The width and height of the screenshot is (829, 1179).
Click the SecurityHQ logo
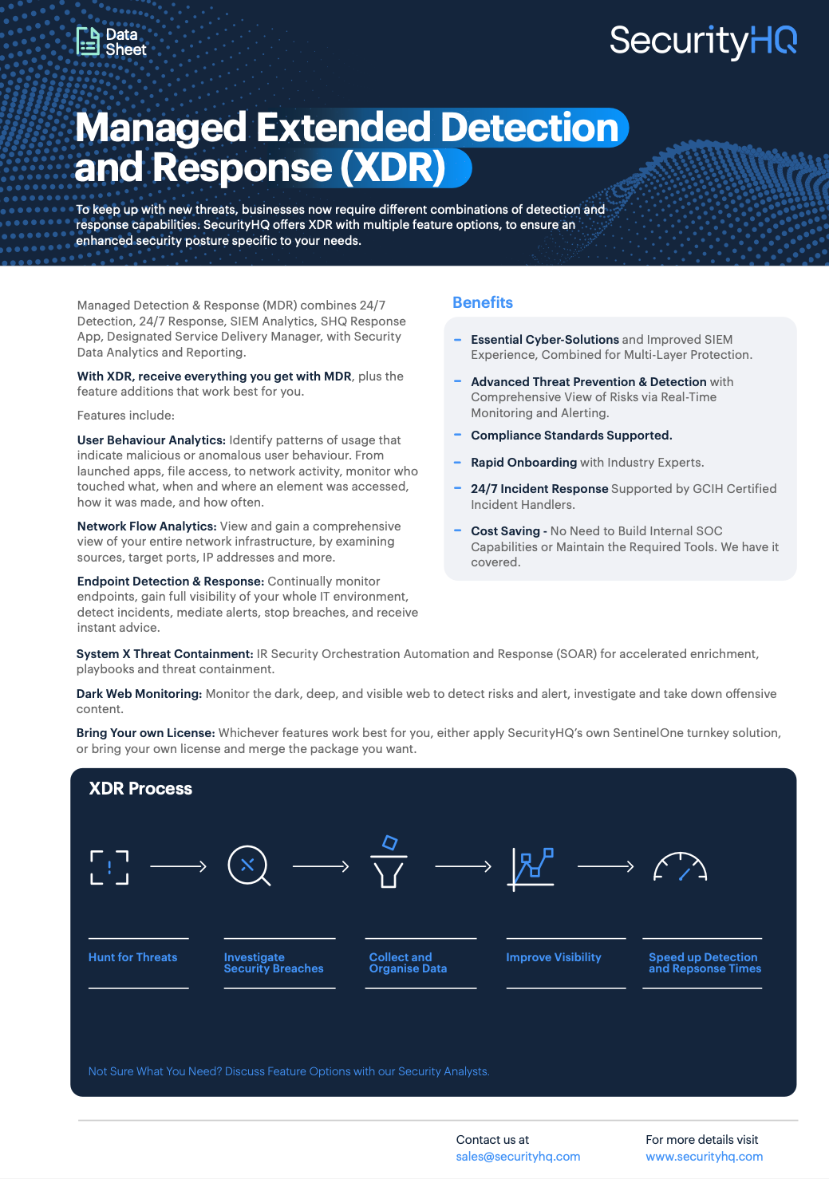coord(703,41)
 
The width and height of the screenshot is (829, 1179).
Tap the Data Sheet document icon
coord(87,41)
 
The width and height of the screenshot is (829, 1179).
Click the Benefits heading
coord(482,302)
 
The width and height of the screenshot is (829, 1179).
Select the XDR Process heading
coord(140,789)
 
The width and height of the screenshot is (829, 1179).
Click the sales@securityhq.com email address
coord(518,1157)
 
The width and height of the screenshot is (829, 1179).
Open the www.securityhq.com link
coord(704,1157)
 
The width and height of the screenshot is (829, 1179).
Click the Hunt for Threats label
coord(132,957)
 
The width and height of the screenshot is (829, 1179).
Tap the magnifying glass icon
coord(248,866)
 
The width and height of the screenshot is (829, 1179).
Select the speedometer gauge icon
coord(680,867)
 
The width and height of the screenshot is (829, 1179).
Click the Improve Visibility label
coord(553,957)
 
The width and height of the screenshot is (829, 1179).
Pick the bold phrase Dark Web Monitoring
coord(139,694)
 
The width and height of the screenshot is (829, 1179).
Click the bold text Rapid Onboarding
coord(523,463)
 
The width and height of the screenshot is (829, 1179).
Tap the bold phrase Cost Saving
coord(505,531)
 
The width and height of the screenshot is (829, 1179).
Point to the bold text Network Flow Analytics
coord(147,526)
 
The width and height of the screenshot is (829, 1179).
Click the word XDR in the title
coord(393,168)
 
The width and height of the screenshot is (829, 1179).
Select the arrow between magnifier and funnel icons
coord(321,866)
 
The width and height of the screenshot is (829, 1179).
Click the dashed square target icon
coord(109,867)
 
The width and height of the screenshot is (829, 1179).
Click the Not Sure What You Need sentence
coord(289,1071)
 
